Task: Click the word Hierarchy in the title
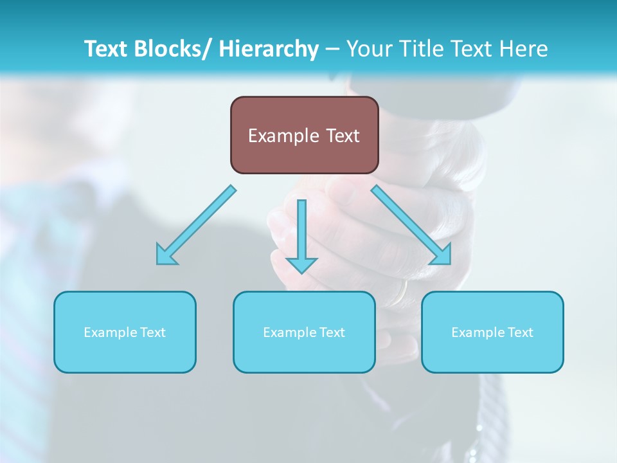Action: (x=269, y=49)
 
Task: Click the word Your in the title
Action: (x=369, y=49)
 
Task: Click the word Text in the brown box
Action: (x=343, y=136)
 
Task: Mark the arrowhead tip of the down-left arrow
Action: (x=158, y=263)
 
